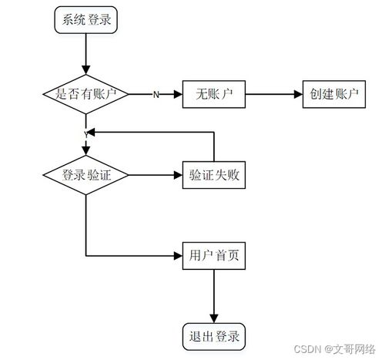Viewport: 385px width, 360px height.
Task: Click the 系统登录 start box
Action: (x=85, y=20)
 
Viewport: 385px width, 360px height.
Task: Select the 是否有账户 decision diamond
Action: (x=85, y=94)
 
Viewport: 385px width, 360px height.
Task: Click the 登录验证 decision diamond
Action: (x=85, y=175)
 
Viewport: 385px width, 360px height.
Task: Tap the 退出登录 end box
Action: (x=214, y=336)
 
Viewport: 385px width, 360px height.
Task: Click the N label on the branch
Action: (x=156, y=95)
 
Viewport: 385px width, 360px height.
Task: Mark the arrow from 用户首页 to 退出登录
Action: (x=214, y=296)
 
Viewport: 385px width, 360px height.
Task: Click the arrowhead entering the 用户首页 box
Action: (x=177, y=256)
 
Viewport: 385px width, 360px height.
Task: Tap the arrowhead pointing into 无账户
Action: (x=178, y=94)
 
